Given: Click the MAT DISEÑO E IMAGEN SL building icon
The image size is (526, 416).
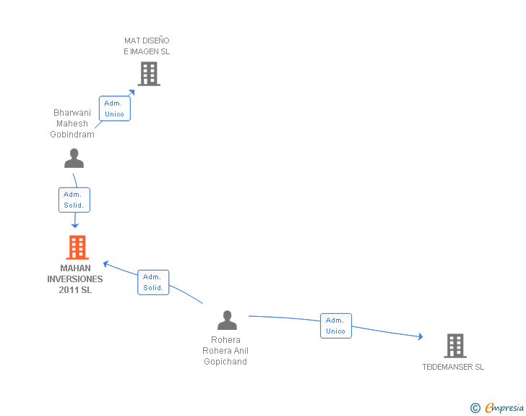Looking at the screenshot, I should [x=148, y=73].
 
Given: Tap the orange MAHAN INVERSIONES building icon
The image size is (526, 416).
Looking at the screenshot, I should [x=77, y=247].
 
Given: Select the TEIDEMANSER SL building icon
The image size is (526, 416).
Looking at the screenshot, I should [x=454, y=346].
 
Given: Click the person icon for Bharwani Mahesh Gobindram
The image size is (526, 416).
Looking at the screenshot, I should [x=74, y=158].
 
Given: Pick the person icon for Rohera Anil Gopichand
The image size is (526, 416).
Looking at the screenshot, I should [x=227, y=320].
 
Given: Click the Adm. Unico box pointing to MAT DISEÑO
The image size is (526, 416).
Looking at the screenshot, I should [x=114, y=109].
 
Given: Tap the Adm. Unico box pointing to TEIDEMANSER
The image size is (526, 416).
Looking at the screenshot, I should [x=335, y=326].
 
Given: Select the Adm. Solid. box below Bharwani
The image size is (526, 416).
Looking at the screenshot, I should [x=74, y=200].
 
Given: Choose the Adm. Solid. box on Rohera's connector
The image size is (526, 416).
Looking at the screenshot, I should [x=152, y=282].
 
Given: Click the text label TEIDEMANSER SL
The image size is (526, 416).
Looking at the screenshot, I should [x=453, y=367].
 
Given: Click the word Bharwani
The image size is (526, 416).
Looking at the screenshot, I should [x=72, y=112].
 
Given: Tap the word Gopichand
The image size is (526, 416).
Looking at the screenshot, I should [x=225, y=362].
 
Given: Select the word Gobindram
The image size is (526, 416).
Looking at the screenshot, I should [x=72, y=135].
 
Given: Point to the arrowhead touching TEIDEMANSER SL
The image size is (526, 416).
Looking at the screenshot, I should [x=420, y=336].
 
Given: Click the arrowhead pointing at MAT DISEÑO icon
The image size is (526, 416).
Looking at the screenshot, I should [x=132, y=91].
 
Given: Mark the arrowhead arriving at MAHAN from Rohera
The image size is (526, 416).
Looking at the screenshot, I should [x=105, y=263].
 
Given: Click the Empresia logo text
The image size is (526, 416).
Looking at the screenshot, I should [x=504, y=408].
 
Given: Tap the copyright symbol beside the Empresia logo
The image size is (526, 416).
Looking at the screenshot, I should [x=475, y=408].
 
